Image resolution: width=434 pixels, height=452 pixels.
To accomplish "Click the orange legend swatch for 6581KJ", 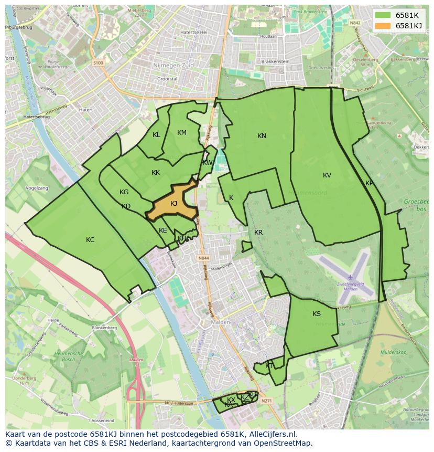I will (383, 25).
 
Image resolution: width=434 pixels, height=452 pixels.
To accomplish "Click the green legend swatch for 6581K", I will (383, 15).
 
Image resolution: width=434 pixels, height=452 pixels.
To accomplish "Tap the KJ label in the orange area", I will (174, 204).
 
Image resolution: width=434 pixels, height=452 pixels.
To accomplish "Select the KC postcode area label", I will (90, 240).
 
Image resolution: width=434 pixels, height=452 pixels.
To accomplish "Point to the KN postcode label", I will (262, 136).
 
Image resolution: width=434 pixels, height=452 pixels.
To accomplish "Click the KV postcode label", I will (327, 175).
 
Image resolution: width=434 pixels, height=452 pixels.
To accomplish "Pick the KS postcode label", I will (317, 314).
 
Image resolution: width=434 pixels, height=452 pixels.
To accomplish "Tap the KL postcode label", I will (156, 135).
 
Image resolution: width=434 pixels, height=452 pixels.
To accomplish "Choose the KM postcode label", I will (182, 133).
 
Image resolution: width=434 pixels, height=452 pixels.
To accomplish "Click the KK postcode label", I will (156, 173).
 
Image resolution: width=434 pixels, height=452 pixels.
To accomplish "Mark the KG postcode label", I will (124, 192).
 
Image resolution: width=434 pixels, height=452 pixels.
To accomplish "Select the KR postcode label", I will (258, 233).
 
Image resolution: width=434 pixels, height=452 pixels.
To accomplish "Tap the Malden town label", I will (218, 322).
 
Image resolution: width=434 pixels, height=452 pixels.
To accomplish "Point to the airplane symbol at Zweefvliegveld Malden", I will (350, 277).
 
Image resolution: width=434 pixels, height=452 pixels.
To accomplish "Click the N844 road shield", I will (204, 258).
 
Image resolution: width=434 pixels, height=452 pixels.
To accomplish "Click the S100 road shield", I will (98, 62).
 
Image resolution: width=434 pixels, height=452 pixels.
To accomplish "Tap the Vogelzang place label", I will (37, 188).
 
